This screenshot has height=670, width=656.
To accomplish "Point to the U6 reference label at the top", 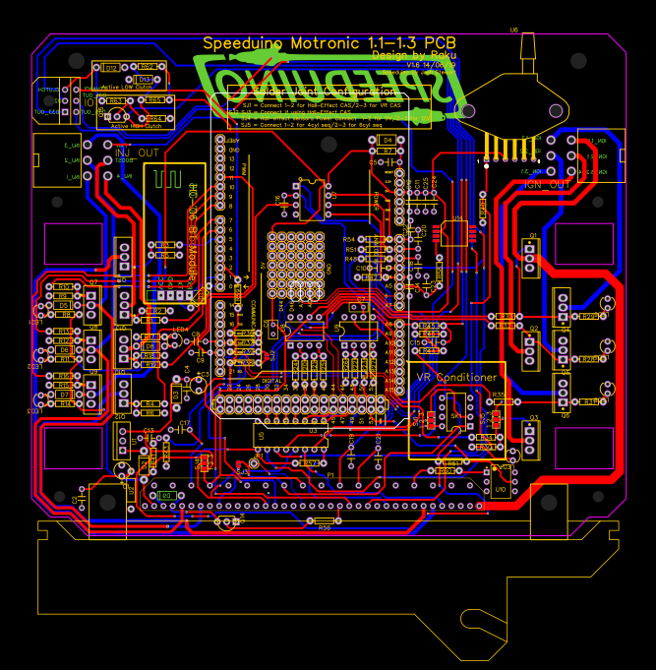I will [513, 30].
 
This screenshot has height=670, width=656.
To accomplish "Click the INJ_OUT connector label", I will [136, 152].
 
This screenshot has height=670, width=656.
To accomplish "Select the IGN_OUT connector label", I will [546, 184].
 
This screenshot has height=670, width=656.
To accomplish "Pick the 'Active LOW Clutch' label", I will [128, 87].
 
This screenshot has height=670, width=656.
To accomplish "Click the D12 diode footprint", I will [111, 68].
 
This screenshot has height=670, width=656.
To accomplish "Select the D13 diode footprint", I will [144, 79].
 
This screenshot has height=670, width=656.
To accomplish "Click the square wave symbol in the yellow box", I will [166, 180].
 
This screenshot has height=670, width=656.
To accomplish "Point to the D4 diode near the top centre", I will [388, 141].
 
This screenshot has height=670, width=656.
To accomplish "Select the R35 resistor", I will [498, 395].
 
